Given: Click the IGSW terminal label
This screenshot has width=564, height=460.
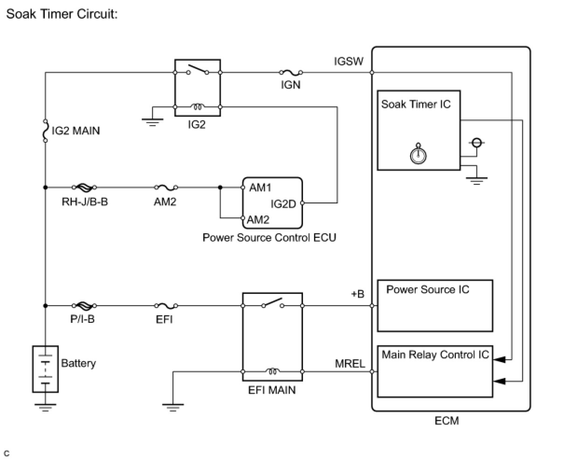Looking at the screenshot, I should coord(348,61).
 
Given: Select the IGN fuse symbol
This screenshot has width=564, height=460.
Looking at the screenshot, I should coord(290,72).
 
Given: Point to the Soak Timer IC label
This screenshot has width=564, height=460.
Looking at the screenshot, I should coord(416,104).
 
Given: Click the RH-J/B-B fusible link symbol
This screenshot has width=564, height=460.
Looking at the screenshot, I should coord(84,187).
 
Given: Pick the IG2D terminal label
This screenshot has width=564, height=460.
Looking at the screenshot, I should coord(283,204).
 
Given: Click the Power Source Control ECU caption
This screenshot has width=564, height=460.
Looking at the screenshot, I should coord(269,237).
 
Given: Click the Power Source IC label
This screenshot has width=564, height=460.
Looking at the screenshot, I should coord(427,289).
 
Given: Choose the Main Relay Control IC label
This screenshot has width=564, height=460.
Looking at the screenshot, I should coord(435,355).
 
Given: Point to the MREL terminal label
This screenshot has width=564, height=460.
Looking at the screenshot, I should coord(350,363).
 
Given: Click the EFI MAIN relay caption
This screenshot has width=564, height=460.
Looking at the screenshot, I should coord(272,389).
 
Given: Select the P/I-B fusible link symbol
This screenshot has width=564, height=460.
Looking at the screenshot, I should coord(84,306).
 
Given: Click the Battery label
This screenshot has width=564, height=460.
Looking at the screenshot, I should coord(78,363).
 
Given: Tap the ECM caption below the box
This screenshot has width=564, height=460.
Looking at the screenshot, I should coord(447,421).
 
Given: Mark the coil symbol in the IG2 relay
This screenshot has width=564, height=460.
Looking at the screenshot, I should coord(198,107).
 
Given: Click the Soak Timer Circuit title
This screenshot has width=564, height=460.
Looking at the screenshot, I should coord(62,14).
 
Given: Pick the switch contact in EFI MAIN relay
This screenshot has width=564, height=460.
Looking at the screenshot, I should coord(273,303).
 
